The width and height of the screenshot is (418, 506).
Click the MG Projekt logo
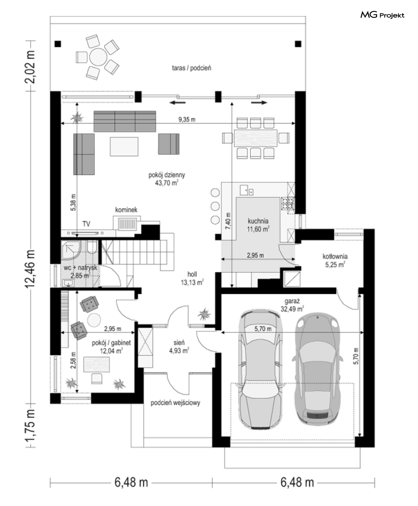coord(382,15)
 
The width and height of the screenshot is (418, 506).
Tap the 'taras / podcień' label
coord(192,68)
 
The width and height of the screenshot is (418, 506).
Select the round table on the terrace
coord(98,57)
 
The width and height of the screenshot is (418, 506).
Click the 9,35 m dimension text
coord(187,120)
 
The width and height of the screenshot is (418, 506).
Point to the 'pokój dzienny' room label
coord(167,175)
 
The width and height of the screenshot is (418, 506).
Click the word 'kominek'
coord(126,210)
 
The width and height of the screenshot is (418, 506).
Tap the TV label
coord(86,224)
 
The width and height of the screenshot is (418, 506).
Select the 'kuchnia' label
coord(258,221)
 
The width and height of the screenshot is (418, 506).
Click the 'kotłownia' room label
coord(335,256)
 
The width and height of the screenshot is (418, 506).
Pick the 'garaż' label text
coord(292,301)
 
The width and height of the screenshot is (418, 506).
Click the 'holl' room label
coord(192,274)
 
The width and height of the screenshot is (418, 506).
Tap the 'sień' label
coord(179,342)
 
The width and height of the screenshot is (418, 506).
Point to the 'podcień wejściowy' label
coord(175,403)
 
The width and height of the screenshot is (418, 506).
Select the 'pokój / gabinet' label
coord(111,343)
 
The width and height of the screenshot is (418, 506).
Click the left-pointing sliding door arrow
coord(177,103)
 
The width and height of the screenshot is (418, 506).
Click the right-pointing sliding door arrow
coord(259,103)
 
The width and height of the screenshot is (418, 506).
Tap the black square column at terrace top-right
coord(298,44)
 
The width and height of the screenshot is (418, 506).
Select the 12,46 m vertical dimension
coord(31,269)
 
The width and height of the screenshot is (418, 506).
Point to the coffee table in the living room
coord(124,147)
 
